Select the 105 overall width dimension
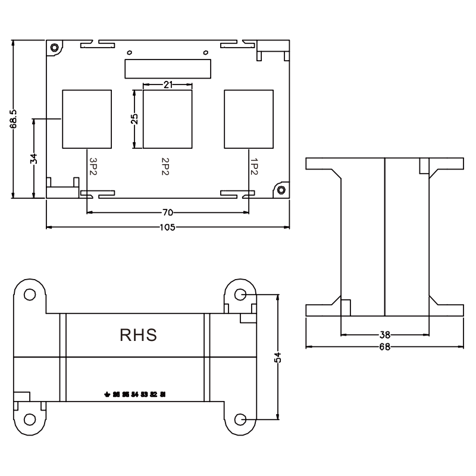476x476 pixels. (167, 227)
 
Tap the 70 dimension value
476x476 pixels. (167, 212)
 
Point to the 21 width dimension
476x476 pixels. (168, 85)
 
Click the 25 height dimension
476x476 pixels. (135, 119)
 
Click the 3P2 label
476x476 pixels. (92, 166)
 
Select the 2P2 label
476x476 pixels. (164, 166)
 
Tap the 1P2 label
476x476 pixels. (254, 166)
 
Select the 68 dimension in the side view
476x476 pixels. (384, 346)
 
